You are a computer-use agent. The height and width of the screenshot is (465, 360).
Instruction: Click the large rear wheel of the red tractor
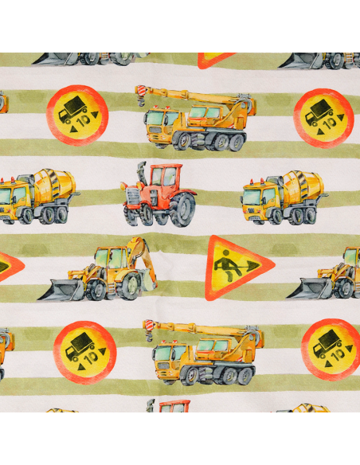[x=182, y=209]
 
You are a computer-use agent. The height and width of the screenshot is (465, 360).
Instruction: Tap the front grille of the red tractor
[x=132, y=196]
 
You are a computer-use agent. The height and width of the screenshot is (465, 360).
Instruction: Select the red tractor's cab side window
[x=170, y=177]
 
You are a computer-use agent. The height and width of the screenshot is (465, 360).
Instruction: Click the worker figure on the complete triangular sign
[x=225, y=266]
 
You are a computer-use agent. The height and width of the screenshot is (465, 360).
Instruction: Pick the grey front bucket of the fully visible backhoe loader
[x=61, y=290]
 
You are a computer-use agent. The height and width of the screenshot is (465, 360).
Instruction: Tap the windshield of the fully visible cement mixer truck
[x=252, y=197]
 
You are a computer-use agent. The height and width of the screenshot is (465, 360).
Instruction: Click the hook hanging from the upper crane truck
[x=141, y=102]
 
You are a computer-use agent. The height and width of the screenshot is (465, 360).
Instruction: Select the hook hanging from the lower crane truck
[x=149, y=337]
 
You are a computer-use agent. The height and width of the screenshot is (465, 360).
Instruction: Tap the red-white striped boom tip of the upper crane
[x=142, y=90]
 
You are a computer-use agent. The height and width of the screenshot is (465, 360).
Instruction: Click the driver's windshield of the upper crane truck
[x=155, y=117]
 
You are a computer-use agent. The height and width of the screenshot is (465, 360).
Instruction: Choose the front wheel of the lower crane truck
[x=190, y=377]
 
